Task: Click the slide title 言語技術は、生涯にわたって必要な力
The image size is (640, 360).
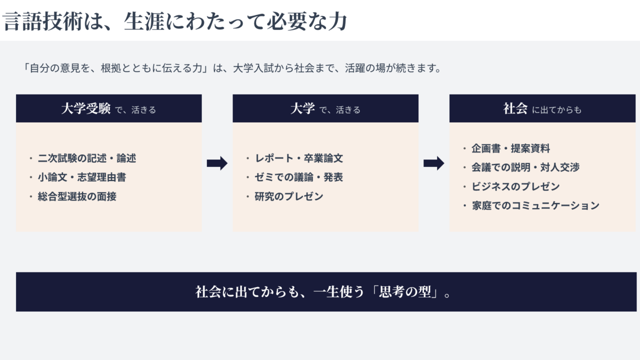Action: pos(175,21)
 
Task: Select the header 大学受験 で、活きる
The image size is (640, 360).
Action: pos(108,109)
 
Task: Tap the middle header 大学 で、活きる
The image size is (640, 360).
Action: pos(325,109)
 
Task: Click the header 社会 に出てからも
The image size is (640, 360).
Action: pos(542,109)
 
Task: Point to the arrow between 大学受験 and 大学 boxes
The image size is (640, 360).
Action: pos(217,163)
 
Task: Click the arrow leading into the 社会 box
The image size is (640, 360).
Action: pos(433,163)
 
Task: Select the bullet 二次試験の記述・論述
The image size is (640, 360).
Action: pos(87,158)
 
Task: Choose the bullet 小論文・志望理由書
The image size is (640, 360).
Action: pos(82,177)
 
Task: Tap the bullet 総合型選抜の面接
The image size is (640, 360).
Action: pos(77,196)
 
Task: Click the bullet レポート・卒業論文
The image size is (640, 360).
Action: pos(299,158)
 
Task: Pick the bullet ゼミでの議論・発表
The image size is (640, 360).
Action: pos(299,177)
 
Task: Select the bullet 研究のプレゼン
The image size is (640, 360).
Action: pos(289,196)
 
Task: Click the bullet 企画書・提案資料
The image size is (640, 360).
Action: pos(510,148)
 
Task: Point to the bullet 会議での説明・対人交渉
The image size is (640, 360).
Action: pos(525,167)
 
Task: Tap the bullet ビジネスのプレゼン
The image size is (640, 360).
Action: pos(515,186)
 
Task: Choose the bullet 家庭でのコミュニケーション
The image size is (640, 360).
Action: pos(535,205)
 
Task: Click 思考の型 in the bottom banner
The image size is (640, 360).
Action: pos(405,292)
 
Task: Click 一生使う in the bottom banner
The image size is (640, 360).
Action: pos(339,292)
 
